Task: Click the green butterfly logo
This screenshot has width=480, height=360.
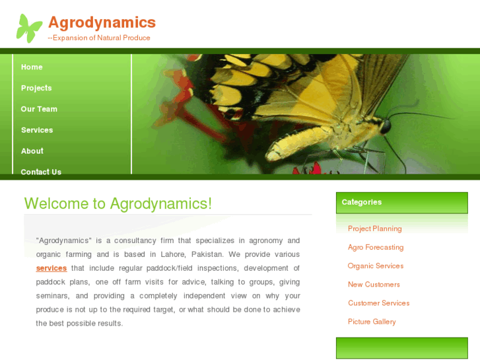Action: (29, 28)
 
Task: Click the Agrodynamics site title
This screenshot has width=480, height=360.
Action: (102, 22)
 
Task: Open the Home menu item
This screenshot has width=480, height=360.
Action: (32, 67)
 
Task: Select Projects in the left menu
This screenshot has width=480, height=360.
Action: (36, 88)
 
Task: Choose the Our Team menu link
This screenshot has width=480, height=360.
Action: (39, 109)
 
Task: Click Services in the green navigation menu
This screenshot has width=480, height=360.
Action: (37, 130)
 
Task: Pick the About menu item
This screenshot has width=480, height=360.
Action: (32, 151)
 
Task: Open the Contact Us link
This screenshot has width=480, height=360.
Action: (41, 172)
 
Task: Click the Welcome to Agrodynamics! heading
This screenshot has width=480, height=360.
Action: (118, 203)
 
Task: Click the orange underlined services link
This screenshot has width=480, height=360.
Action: (51, 268)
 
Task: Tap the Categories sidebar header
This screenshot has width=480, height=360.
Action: (362, 202)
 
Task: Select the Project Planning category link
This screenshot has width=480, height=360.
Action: (374, 229)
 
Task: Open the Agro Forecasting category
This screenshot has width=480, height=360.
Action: (376, 247)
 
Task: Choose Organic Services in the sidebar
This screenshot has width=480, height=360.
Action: (376, 266)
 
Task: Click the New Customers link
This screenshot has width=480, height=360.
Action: (374, 284)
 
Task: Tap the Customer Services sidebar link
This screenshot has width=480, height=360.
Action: (378, 303)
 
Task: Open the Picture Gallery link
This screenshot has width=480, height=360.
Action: (372, 322)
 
